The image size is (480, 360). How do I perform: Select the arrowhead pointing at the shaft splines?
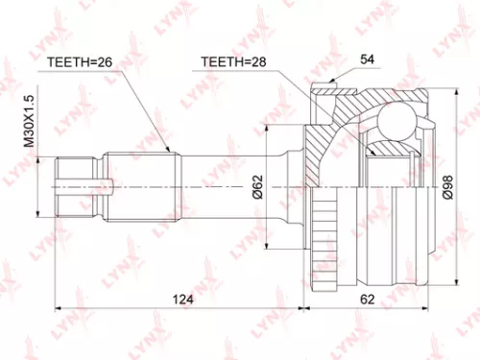170,150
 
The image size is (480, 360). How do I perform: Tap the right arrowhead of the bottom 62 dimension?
428,309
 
